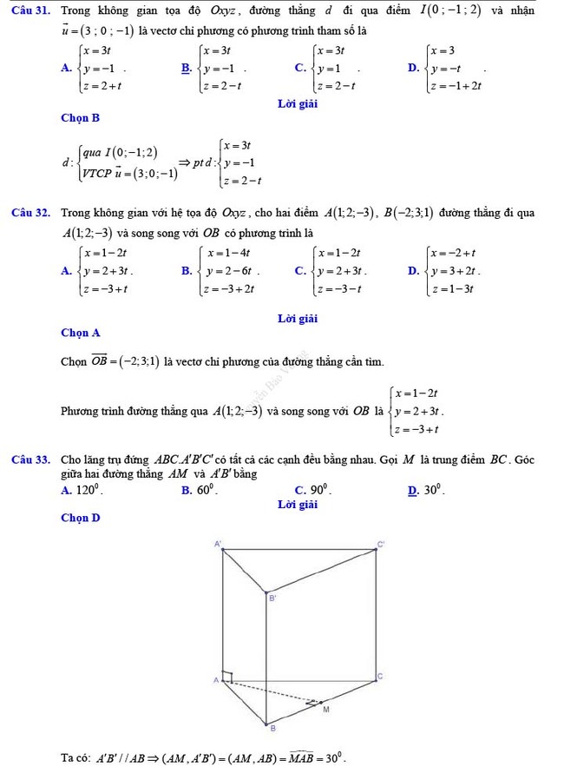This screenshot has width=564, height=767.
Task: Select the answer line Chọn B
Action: (81, 116)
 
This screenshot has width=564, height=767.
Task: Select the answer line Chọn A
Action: (81, 333)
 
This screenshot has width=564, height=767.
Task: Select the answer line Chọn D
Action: (81, 518)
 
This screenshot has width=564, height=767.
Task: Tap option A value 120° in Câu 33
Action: (89, 490)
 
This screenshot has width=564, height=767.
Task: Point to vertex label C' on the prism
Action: (380, 544)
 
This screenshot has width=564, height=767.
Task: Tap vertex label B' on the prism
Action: (272, 598)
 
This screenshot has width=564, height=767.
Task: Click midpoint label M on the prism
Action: (326, 710)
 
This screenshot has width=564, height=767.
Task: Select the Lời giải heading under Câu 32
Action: (298, 318)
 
